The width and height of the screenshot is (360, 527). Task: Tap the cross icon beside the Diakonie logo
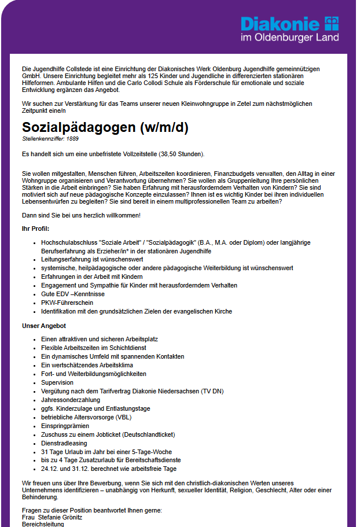coord(332,24)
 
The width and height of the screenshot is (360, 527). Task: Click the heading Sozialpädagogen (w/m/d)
coord(105,128)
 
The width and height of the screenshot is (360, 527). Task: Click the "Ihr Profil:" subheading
coord(35,229)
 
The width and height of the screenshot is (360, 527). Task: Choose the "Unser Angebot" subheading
coord(44,326)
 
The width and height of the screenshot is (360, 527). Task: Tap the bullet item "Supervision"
coord(57,382)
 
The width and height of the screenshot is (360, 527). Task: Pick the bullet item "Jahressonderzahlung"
coord(71,400)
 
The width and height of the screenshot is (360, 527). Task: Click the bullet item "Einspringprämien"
coord(65,426)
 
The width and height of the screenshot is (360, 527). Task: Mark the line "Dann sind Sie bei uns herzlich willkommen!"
coord(81,215)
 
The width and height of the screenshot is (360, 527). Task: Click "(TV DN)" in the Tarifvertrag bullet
coord(214,391)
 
